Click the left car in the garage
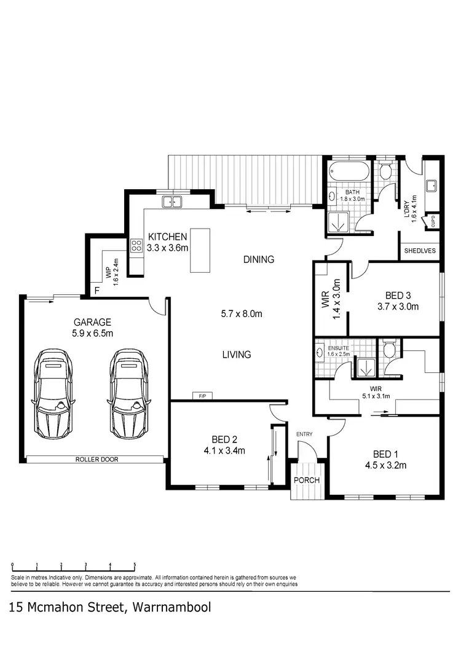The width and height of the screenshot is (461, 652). coord(53,393)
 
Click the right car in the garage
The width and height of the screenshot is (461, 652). coord(130,393)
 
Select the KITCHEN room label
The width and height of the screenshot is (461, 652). coord(167,237)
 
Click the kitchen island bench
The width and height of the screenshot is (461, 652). coord(201,251)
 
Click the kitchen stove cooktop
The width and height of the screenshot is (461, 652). coord(136,246)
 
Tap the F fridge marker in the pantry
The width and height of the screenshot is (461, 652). coord(97,291)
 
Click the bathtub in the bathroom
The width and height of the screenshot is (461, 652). coord(347,171)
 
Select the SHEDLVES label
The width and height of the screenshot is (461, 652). coord(420,251)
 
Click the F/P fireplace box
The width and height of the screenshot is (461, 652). coord(202,396)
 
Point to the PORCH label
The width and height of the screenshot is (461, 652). coord(306,480)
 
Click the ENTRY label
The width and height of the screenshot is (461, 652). coord(304,434)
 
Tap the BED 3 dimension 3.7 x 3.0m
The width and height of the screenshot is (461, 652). coord(398,307)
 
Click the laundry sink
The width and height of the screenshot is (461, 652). coord(431,185)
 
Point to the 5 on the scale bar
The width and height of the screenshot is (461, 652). coord(135,565)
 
